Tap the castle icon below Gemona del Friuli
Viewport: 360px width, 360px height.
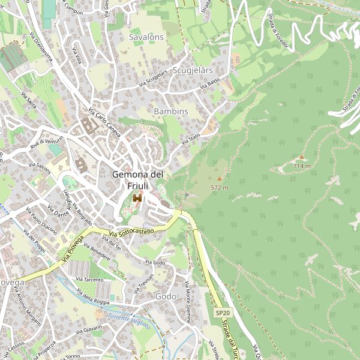(137, 199)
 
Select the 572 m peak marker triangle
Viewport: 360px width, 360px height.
(219, 178)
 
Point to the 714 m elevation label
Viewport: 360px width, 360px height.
(302, 166)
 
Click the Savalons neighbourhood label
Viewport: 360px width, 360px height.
(146, 37)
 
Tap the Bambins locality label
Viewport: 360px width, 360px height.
(171, 112)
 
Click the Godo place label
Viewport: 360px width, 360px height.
(166, 297)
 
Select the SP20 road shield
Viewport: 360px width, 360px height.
(223, 313)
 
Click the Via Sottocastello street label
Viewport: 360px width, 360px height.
(132, 232)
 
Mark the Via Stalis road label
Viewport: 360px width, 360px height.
(190, 139)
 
